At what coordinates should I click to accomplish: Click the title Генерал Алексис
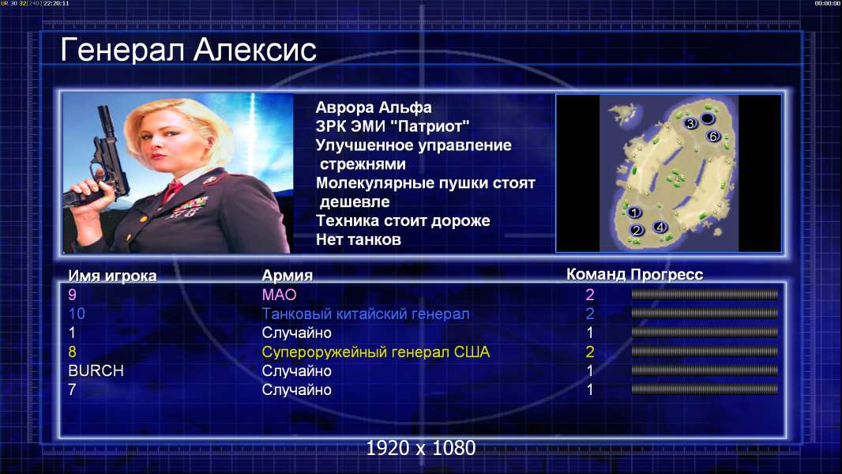188,50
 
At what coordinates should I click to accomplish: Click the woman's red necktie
172,190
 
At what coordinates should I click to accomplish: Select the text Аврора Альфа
373,107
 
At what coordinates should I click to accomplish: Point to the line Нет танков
358,239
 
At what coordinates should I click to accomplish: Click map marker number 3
690,123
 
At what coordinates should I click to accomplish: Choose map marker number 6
712,137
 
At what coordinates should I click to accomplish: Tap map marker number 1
634,213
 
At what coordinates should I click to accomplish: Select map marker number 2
637,231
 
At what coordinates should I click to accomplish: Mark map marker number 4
660,227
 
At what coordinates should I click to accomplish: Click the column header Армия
287,276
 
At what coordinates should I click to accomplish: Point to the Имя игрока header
112,276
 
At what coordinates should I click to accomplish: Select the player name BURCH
96,371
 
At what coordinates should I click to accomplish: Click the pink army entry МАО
279,295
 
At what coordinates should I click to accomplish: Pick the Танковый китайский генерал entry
365,314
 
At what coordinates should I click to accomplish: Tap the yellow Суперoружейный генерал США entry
375,352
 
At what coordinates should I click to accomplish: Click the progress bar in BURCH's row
705,371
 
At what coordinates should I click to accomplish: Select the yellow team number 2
589,352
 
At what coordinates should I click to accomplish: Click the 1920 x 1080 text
421,448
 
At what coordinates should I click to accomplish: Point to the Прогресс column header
667,274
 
